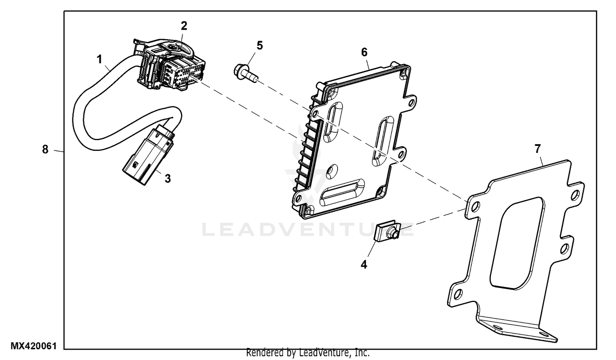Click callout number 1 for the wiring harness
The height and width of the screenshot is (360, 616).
(x=99, y=60)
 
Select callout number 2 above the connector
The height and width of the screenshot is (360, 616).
(x=184, y=26)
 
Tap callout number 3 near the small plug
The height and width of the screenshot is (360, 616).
(x=168, y=179)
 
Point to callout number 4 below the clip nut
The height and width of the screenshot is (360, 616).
(x=364, y=265)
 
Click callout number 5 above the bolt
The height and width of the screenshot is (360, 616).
(x=260, y=45)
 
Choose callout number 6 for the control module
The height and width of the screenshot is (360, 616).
(x=364, y=52)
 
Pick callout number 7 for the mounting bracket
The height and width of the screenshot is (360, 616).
(x=538, y=149)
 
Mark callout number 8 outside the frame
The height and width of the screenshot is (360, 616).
(x=45, y=150)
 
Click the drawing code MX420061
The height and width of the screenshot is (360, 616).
(x=33, y=346)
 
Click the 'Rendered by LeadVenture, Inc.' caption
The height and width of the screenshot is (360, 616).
(x=308, y=353)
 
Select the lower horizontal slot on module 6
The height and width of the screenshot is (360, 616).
(x=342, y=192)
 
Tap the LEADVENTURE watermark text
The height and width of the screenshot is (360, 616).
(x=308, y=230)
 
